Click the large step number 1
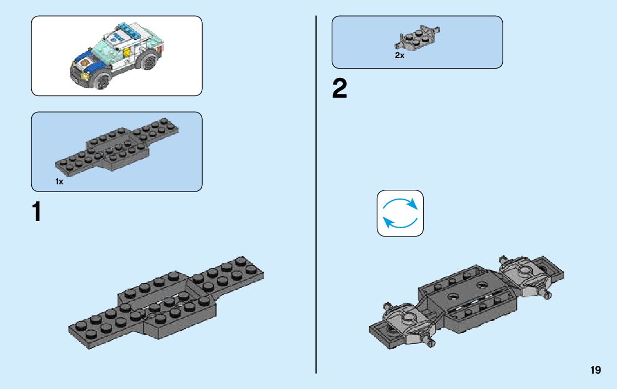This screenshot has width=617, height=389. [x=37, y=212]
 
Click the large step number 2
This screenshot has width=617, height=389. [x=340, y=89]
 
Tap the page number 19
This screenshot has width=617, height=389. [x=596, y=370]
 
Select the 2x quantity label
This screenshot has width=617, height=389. [x=399, y=55]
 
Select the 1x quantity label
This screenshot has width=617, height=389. [x=59, y=181]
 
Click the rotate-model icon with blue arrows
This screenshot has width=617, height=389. [x=400, y=213]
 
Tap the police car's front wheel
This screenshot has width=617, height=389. [x=102, y=81]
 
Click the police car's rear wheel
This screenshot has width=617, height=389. [x=149, y=64]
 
